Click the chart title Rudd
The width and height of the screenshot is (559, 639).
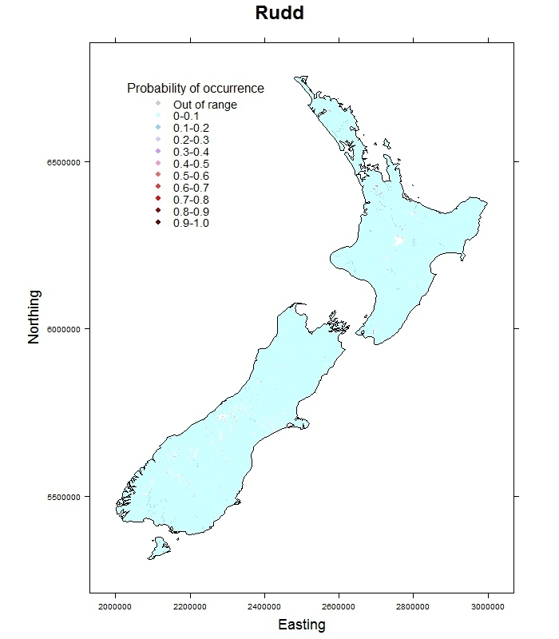pos(279,14)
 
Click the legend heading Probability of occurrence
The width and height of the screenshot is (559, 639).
pos(196,89)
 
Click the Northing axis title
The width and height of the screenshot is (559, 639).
pos(34,316)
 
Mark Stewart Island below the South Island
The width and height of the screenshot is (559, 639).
pos(159,548)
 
